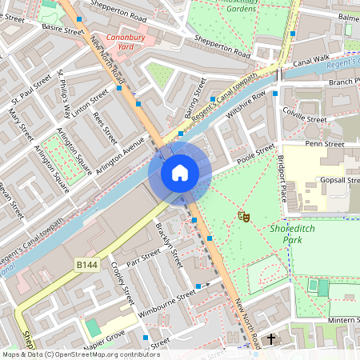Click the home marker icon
click(180, 173)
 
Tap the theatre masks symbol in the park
click(242, 216)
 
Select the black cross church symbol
click(270, 340)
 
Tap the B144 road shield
click(87, 264)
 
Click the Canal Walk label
click(311, 59)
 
